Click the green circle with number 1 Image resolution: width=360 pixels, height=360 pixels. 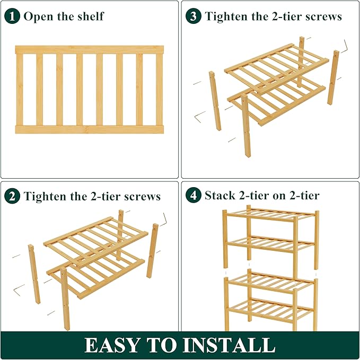(13, 16)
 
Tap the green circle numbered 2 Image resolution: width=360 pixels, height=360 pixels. (13, 196)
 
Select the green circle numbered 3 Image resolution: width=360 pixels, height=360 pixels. (194, 16)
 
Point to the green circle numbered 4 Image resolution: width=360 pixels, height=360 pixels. (194, 196)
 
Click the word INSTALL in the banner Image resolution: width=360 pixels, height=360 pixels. (231, 345)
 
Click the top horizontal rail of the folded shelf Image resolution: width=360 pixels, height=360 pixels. (89, 49)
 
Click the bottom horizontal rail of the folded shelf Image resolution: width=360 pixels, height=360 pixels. (89, 129)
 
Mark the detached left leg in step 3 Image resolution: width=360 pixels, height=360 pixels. (215, 101)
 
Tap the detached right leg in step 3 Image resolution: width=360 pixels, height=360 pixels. (333, 77)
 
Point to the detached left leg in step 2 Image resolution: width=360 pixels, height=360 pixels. (34, 274)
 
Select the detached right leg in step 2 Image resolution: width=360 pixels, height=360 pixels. (153, 250)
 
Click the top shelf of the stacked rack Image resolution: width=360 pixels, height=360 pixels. (270, 214)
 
